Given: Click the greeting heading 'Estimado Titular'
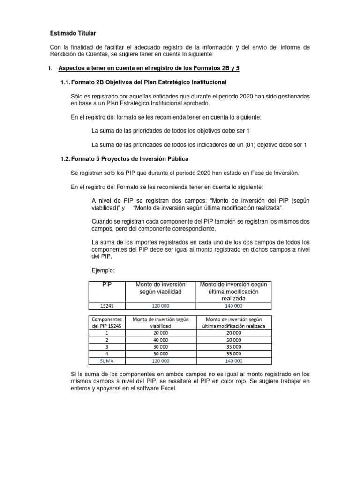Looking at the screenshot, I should (73, 34).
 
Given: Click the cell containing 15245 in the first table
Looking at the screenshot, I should (107, 306).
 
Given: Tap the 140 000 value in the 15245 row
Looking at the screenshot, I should (233, 306).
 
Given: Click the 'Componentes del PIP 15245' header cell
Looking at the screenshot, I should (107, 322).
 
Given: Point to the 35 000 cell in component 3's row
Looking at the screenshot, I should (233, 346).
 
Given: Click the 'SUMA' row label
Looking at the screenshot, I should (107, 361).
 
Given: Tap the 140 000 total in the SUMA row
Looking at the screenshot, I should (233, 361).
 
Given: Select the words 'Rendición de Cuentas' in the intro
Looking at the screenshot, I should (80, 55).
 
